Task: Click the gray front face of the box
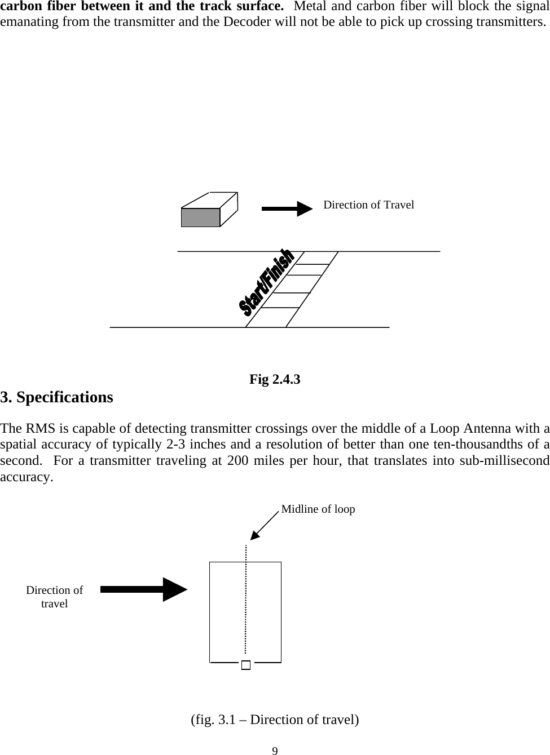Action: coord(200,217)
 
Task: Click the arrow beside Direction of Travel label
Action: coord(287,208)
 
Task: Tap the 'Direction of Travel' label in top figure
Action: coord(368,205)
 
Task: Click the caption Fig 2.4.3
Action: coord(275,379)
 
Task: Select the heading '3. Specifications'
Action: coord(57,397)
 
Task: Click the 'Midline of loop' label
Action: coord(318,509)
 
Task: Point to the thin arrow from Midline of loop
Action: coord(265,526)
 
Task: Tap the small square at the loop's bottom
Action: coord(245,665)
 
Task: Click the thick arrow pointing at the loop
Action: coord(144,589)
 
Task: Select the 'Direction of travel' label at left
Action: coord(54,597)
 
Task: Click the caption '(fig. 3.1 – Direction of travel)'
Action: coord(275,720)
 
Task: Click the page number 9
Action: coord(275,750)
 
